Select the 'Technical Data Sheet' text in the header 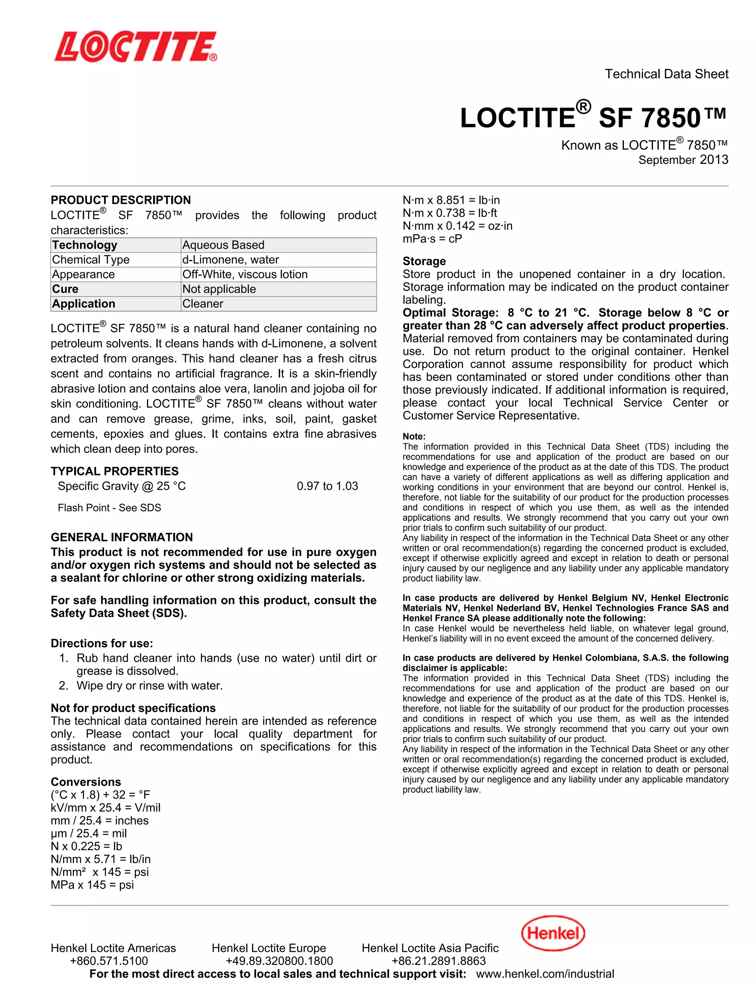click(666, 74)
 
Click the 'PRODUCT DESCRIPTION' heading click(121, 200)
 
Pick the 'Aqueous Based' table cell click(223, 245)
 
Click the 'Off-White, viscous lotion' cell click(245, 275)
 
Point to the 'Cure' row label click(65, 289)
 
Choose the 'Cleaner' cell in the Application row click(203, 304)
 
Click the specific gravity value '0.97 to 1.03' click(327, 486)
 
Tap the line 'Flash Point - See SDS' click(109, 508)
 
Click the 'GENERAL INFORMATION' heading click(121, 537)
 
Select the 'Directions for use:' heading click(102, 643)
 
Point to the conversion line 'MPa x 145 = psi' click(92, 885)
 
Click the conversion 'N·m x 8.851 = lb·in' click(451, 200)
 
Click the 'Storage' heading click(424, 261)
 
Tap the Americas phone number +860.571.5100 click(109, 961)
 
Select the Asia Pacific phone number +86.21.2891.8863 click(438, 961)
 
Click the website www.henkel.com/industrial click(544, 974)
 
